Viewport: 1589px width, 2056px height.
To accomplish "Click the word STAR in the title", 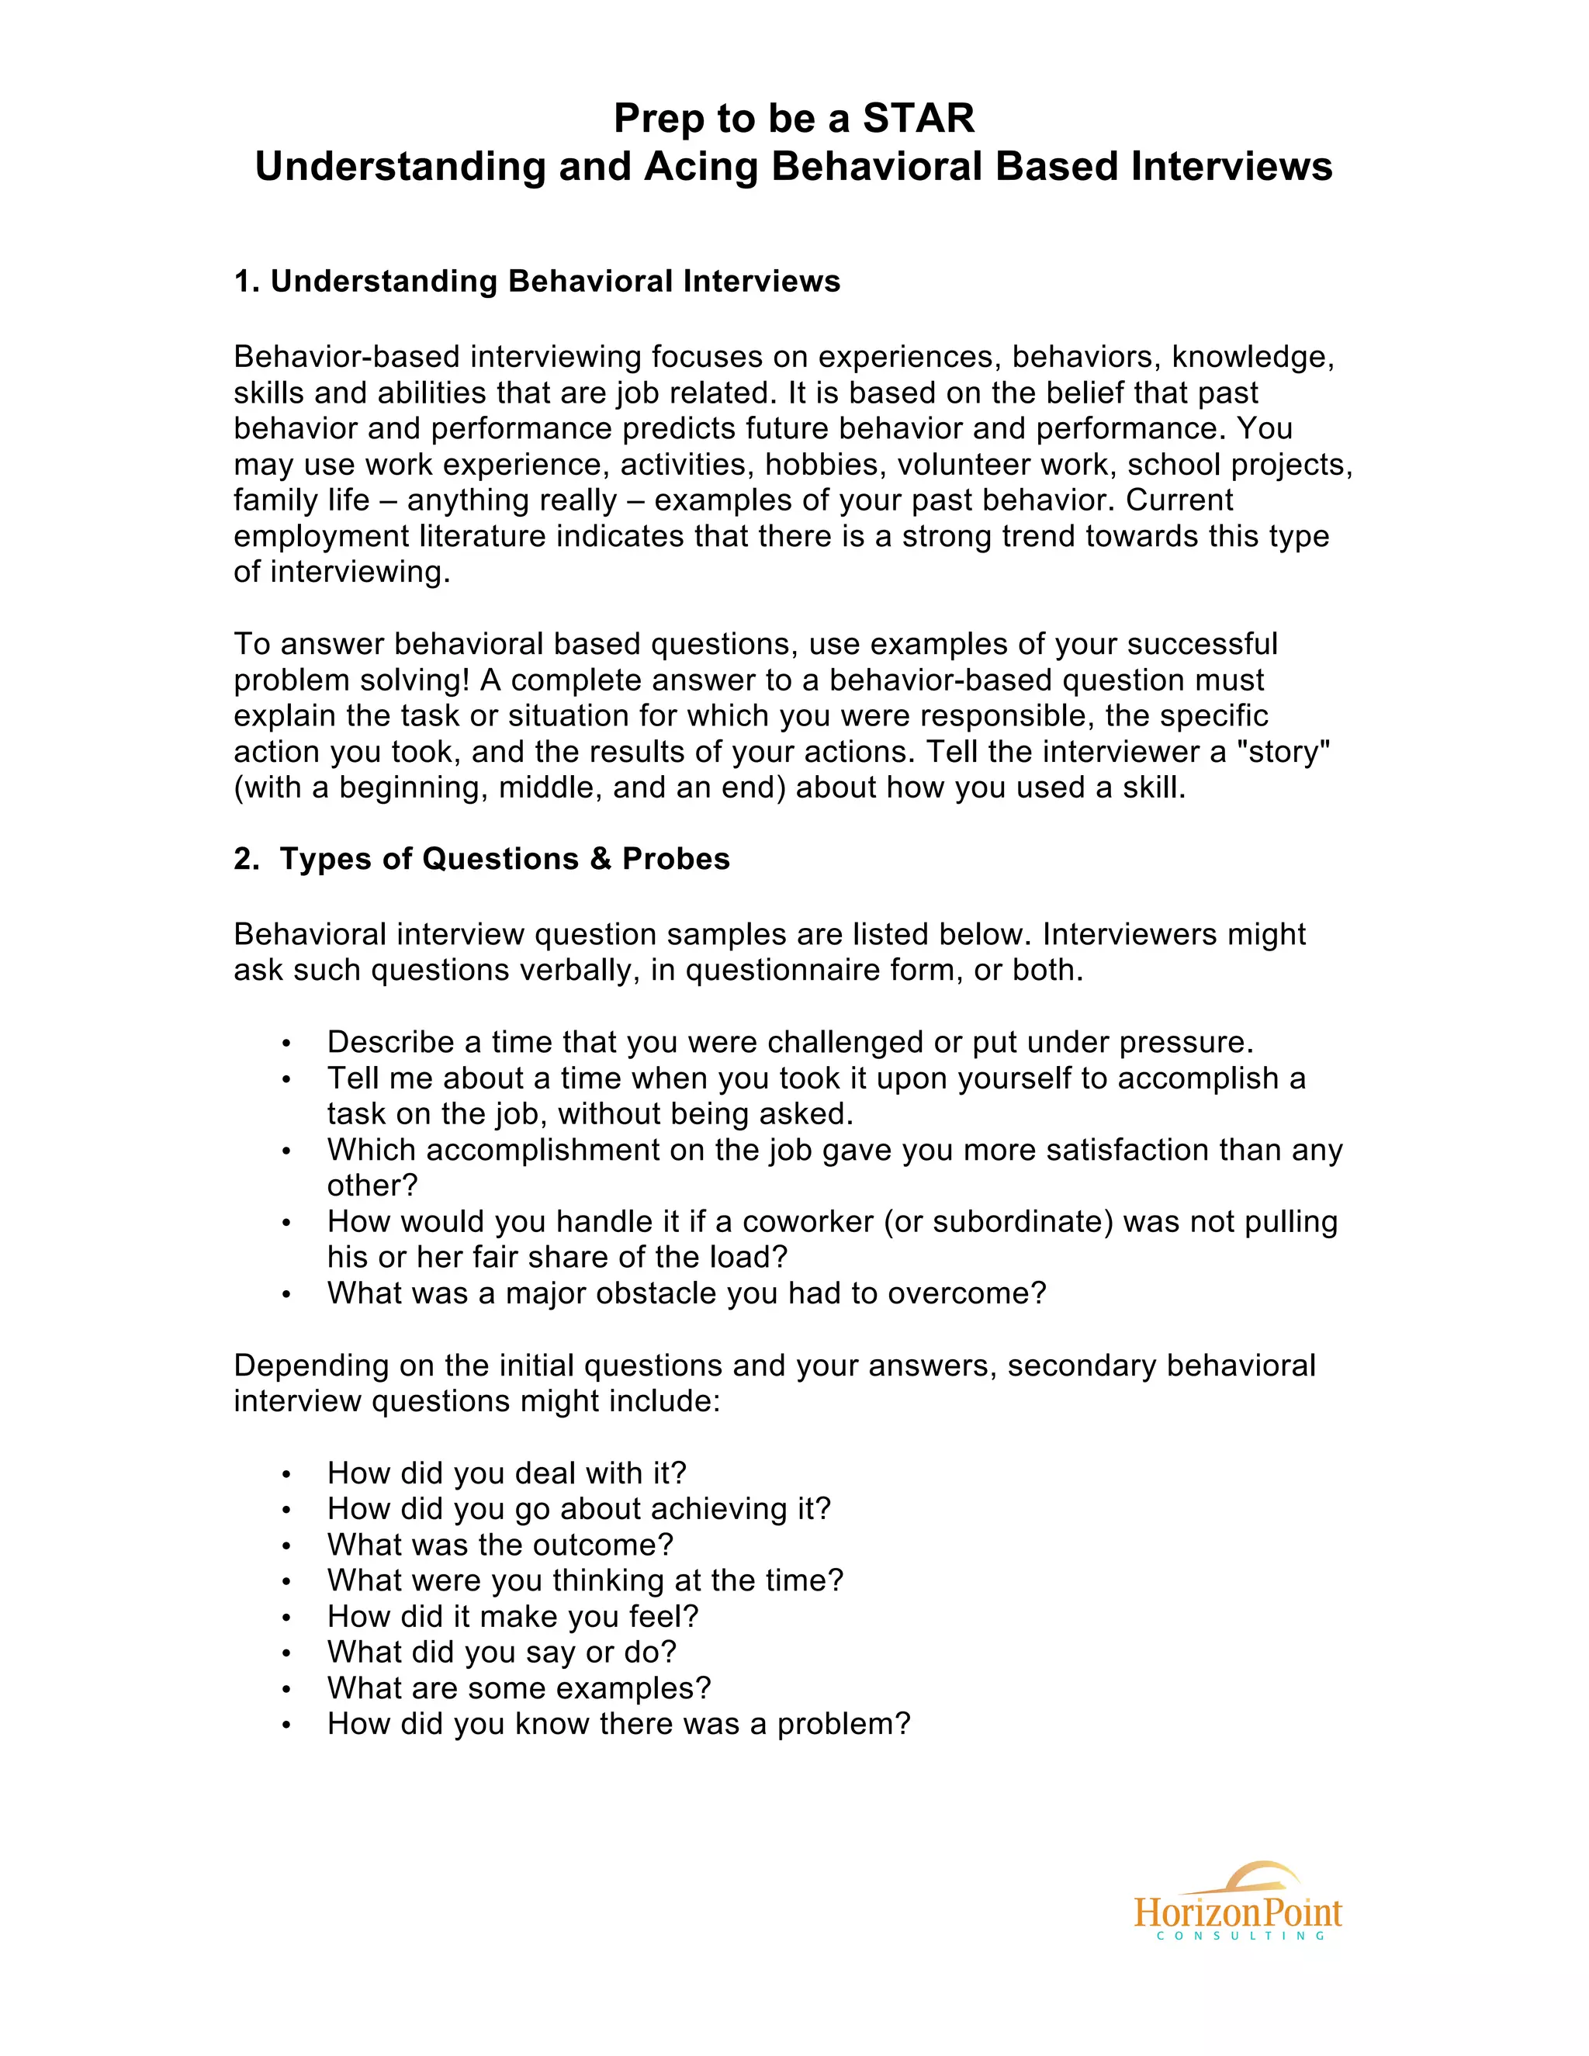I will coord(918,119).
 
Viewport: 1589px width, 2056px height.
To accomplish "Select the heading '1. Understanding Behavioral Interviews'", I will coord(537,282).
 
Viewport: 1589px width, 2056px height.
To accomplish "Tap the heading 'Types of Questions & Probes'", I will coord(504,859).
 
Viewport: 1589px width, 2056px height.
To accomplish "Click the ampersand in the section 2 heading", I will coord(600,859).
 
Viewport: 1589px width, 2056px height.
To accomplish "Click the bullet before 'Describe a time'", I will coord(286,1043).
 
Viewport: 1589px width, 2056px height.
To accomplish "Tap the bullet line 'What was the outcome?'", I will coord(500,1545).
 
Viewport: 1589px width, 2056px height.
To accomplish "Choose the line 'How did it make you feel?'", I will coord(512,1616).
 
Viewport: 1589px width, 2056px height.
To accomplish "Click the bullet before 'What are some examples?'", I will coord(286,1689).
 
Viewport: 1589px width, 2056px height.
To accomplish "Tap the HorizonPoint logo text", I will coord(1237,1913).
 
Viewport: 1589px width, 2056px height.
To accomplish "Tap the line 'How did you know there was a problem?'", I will coord(618,1724).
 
